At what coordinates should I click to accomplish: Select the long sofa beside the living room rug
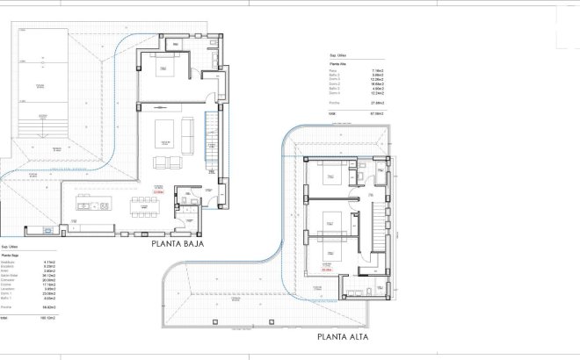pyautogui.click(x=191, y=133)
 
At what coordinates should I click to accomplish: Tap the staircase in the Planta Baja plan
pyautogui.click(x=210, y=141)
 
